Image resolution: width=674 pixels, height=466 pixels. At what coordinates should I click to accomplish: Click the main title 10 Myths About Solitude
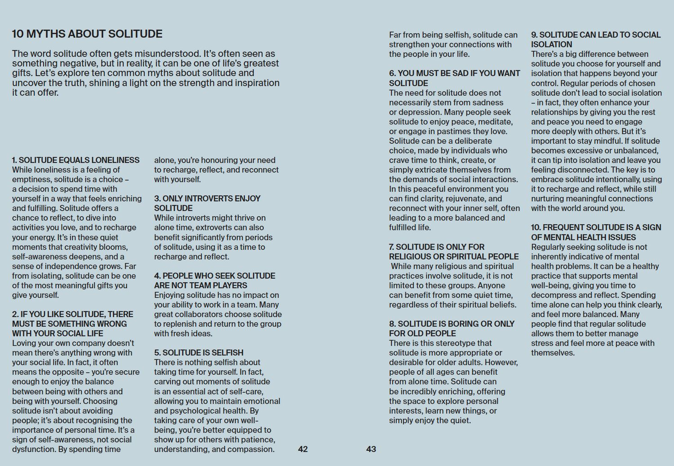coord(87,34)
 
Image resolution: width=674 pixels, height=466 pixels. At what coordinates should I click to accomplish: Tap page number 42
coord(303,449)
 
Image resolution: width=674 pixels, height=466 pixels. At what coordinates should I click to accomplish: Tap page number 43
coord(371,449)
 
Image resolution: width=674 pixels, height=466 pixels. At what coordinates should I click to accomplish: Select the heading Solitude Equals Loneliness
coord(75,160)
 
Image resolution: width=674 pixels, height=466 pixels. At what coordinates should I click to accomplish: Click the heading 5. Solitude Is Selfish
coord(199,353)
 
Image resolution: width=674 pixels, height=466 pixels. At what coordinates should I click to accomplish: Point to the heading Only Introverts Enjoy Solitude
coord(207,203)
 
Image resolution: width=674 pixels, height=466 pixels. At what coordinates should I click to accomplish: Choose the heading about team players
coord(214,280)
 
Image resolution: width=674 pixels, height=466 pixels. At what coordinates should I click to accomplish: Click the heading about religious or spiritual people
coord(454,252)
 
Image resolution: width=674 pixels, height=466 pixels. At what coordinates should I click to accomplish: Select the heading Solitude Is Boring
coord(452,328)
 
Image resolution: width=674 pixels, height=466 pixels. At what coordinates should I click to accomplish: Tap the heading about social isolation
coord(596,40)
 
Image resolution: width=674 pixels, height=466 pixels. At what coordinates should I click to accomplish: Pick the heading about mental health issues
coord(596,232)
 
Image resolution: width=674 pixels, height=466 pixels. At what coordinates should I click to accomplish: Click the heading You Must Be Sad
coord(454,78)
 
